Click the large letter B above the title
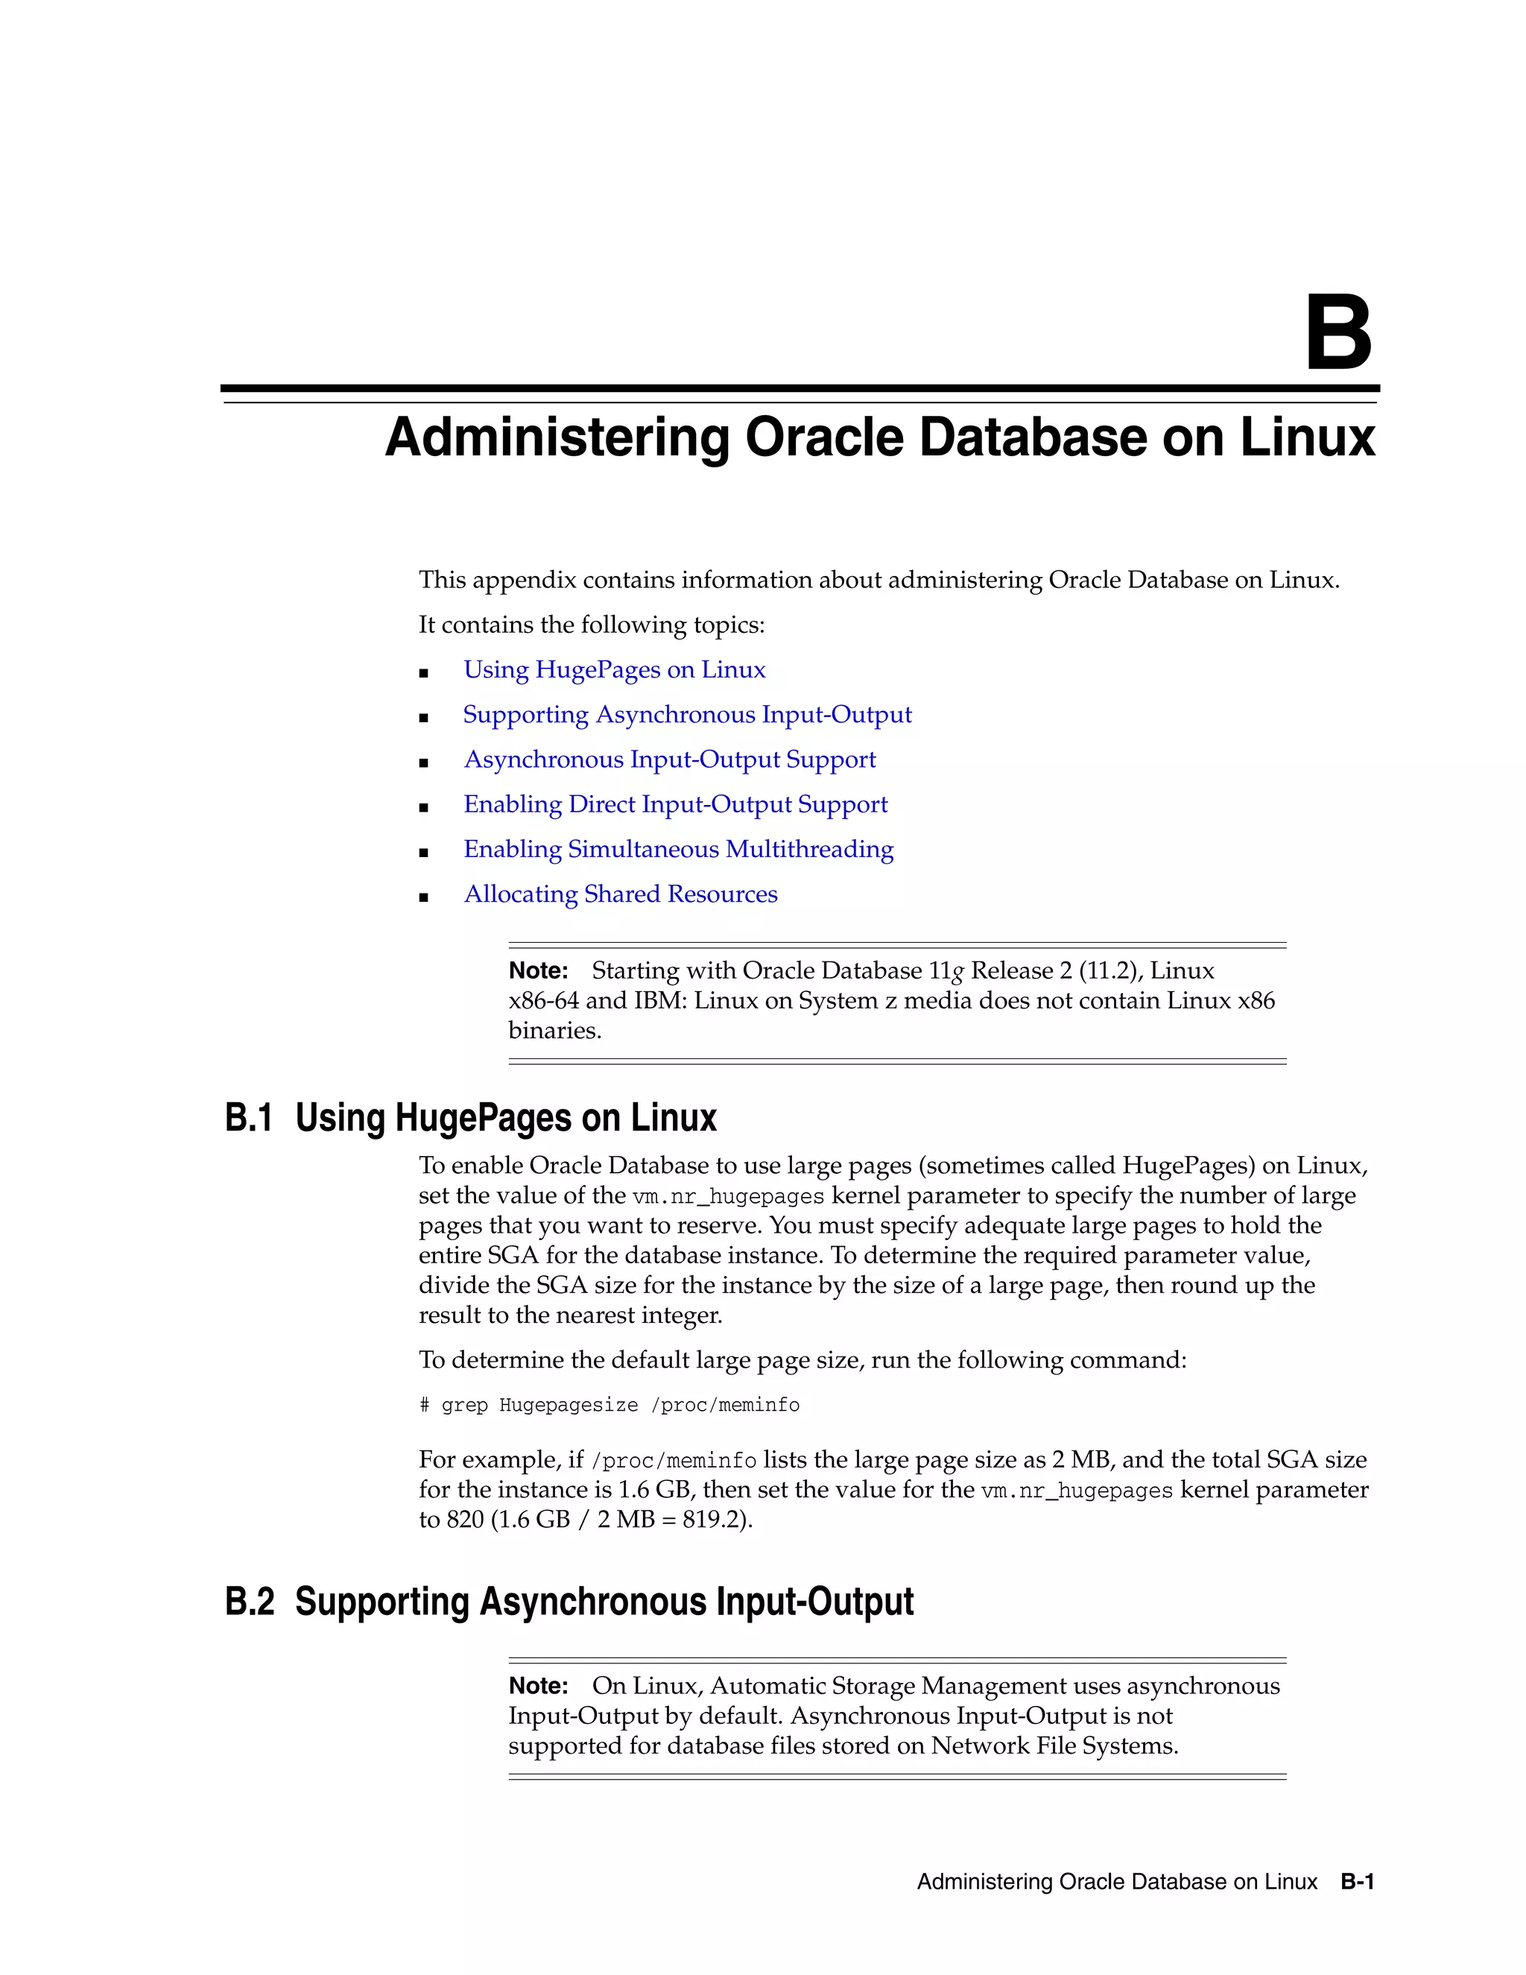point(1338,334)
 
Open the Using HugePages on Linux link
point(614,670)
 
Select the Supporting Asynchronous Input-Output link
point(687,715)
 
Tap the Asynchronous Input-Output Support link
point(669,759)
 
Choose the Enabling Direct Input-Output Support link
point(675,805)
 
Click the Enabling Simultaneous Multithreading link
point(678,849)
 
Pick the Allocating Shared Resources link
point(620,894)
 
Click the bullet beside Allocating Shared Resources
point(423,897)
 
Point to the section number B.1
point(249,1119)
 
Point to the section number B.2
point(249,1602)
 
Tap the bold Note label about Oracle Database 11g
point(538,971)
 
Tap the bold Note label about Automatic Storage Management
point(538,1687)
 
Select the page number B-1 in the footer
point(1357,1882)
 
